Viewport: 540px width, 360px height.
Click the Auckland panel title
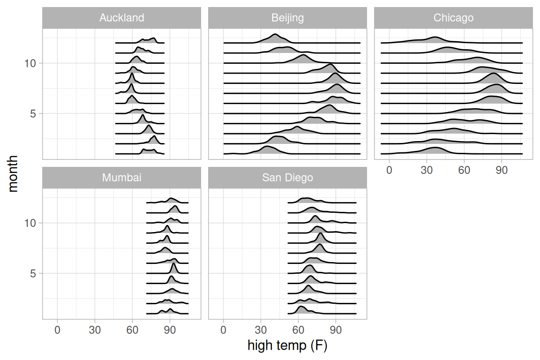pyautogui.click(x=121, y=18)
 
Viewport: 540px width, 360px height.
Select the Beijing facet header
pyautogui.click(x=287, y=18)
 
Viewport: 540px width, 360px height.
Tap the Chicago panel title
pyautogui.click(x=453, y=18)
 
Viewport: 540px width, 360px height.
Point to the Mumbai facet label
pyautogui.click(x=121, y=178)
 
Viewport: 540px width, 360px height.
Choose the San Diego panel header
pyautogui.click(x=287, y=178)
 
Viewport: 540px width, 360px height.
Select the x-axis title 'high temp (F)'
pyautogui.click(x=287, y=346)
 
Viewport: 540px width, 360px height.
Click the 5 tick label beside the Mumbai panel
pyautogui.click(x=33, y=273)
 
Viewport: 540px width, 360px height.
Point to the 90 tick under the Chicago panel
pyautogui.click(x=502, y=170)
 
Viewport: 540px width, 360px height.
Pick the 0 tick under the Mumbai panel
pyautogui.click(x=57, y=330)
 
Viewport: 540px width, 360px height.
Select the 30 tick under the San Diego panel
pyautogui.click(x=261, y=330)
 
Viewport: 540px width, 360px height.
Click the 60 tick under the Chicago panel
pyautogui.click(x=464, y=170)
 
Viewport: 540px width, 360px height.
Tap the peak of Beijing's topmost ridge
pyautogui.click(x=275, y=35)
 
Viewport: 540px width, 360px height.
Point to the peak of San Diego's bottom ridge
pyautogui.click(x=301, y=307)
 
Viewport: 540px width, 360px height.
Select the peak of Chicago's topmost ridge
pyautogui.click(x=435, y=37)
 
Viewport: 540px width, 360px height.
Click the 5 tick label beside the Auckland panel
pyautogui.click(x=33, y=113)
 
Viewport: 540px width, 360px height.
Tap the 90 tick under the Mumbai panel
pyautogui.click(x=170, y=330)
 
